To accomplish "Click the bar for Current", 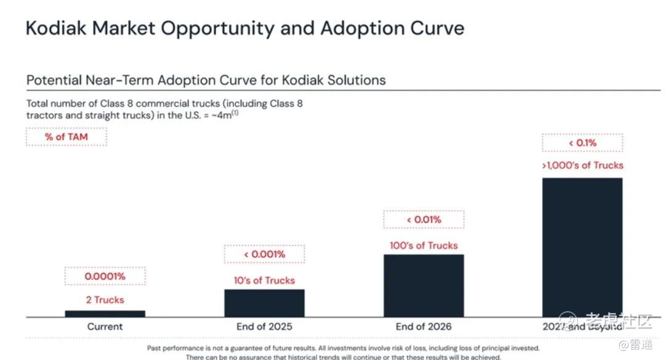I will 105,313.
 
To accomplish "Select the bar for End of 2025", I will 264,303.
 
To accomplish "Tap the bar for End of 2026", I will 424,286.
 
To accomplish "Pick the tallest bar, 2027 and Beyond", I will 582,247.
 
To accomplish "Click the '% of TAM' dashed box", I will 66,137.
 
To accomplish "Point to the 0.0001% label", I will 105,276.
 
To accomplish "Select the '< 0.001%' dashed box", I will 264,254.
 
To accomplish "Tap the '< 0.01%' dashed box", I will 424,220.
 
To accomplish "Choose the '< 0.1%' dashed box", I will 582,143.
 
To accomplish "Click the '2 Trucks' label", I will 105,300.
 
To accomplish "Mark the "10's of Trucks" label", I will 264,280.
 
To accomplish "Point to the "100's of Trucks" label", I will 424,246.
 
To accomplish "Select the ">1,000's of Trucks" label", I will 582,165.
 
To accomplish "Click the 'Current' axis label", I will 105,327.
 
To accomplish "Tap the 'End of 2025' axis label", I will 264,327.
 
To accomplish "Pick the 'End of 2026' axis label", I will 424,327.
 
